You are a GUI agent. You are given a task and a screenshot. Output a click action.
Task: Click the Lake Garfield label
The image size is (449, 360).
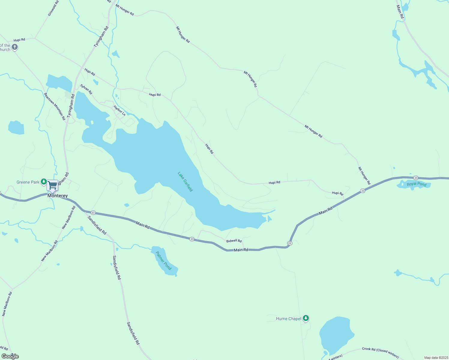tap(185, 181)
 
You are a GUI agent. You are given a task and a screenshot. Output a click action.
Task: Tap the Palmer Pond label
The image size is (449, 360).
tap(164, 260)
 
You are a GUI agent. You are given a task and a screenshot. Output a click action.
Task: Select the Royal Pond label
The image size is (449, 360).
tap(417, 184)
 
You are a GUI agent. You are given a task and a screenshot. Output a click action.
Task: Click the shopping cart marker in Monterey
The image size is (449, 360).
tap(53, 185)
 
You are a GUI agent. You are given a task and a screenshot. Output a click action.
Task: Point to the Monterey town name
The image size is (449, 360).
tap(58, 196)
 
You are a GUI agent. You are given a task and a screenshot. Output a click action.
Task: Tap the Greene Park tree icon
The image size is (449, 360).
tap(44, 182)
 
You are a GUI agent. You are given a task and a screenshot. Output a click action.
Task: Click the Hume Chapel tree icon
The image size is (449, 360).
tap(306, 318)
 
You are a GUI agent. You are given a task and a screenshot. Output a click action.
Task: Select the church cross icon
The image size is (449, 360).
tap(14, 47)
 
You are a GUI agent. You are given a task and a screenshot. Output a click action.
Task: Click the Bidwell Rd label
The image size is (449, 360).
tap(234, 241)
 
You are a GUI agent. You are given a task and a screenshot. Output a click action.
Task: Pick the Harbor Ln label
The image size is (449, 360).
tap(119, 110)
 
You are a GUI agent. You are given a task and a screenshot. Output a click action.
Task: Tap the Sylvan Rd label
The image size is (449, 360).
tap(86, 89)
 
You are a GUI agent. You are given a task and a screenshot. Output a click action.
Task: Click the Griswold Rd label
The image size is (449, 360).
tap(53, 8)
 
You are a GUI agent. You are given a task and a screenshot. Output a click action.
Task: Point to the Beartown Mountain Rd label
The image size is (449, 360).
tap(55, 106)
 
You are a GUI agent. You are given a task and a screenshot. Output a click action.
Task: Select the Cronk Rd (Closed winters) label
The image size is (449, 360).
tap(380, 352)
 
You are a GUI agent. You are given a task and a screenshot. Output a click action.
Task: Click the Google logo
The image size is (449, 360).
tap(10, 356)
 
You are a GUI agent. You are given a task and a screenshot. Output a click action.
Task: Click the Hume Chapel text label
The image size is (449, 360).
tap(288, 319)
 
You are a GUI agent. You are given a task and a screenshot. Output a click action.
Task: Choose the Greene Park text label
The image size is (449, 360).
tap(28, 182)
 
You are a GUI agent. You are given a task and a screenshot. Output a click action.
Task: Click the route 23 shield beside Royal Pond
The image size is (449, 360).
tap(416, 178)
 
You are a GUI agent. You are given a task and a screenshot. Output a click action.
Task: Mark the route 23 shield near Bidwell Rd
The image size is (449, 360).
tap(192, 239)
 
